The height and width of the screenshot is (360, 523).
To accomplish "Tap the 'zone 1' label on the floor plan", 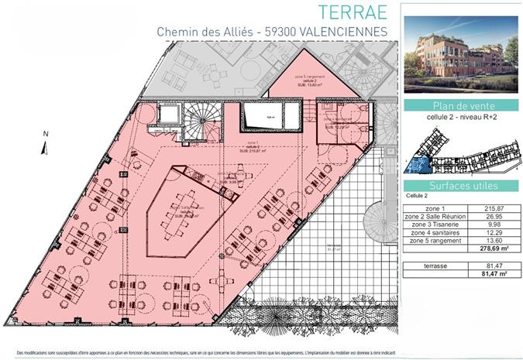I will coord(253,143).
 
